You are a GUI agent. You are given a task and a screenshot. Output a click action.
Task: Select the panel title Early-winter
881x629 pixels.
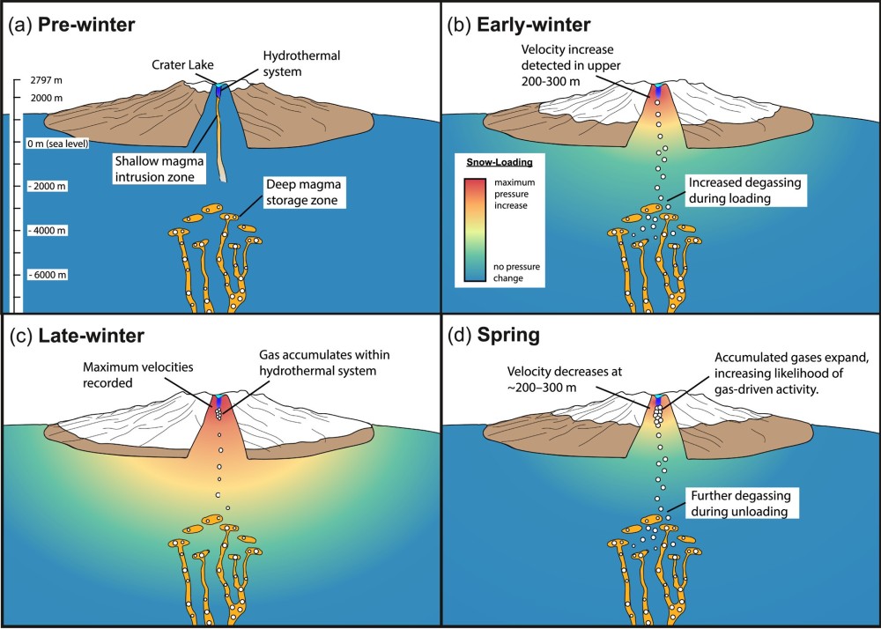point(532,24)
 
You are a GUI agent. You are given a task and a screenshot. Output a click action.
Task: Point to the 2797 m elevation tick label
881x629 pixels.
point(45,80)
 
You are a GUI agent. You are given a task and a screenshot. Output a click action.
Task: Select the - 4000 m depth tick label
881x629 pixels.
point(48,231)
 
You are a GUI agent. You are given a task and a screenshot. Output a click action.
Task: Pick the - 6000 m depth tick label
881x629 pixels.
point(48,274)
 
